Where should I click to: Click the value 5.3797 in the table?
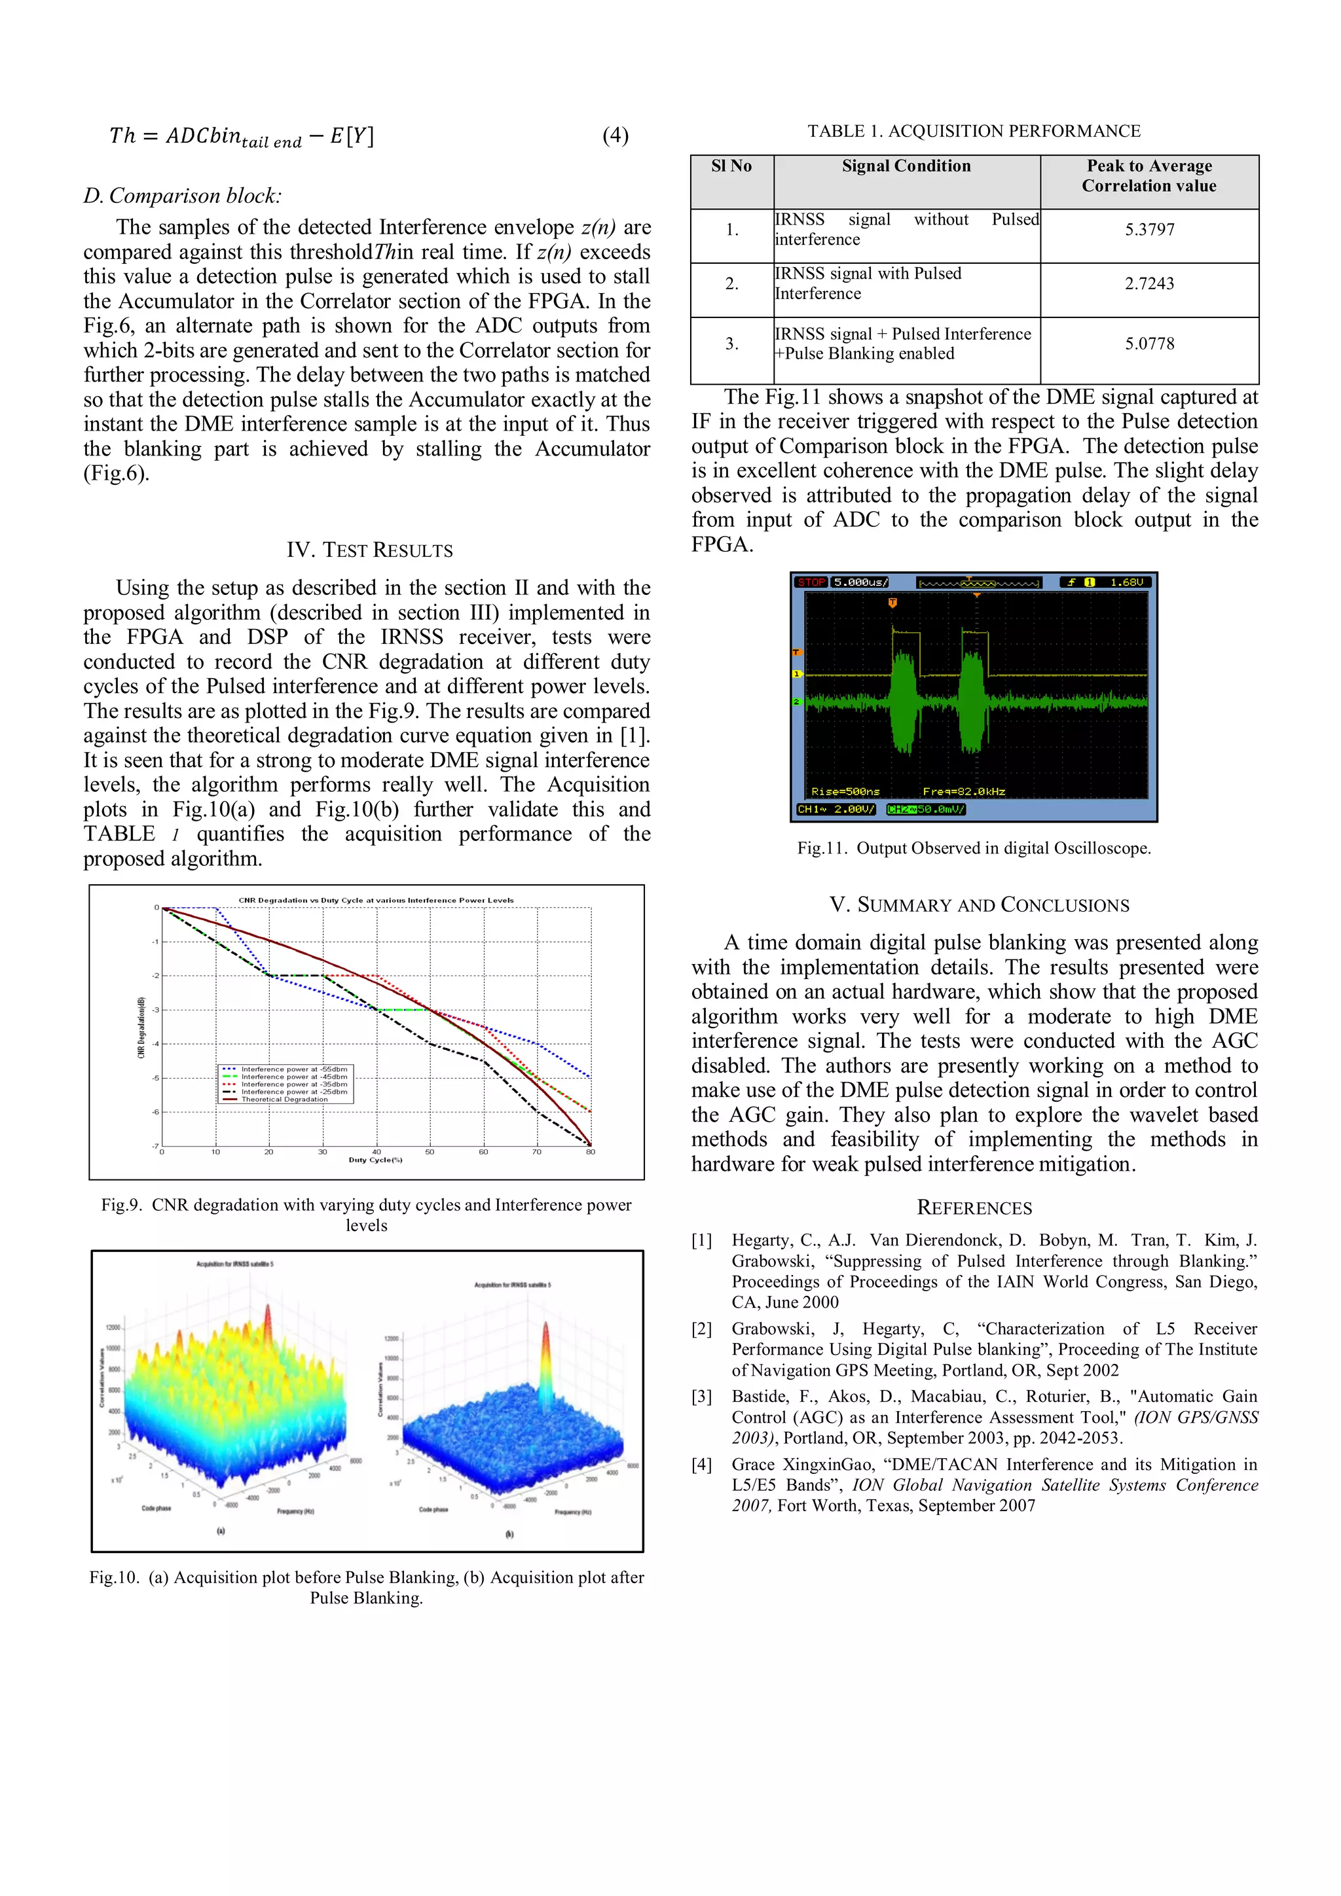[1148, 230]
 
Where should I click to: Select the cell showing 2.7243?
[1148, 283]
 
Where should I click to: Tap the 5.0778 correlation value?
[1148, 344]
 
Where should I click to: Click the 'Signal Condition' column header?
[906, 166]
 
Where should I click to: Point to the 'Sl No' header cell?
[731, 166]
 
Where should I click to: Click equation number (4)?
[615, 135]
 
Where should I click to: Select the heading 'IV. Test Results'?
[369, 550]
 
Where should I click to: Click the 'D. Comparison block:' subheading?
[183, 196]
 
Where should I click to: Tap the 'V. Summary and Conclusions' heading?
[979, 905]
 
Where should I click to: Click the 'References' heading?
[974, 1208]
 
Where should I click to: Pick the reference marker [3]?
[701, 1397]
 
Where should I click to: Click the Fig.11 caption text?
[973, 848]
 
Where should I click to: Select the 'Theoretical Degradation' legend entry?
[284, 1099]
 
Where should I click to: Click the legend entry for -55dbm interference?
[293, 1069]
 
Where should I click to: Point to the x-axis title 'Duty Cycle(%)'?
[375, 1160]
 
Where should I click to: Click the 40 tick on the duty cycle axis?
[377, 1151]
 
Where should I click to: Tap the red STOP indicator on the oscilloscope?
[811, 582]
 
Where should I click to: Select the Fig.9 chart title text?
[376, 900]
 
